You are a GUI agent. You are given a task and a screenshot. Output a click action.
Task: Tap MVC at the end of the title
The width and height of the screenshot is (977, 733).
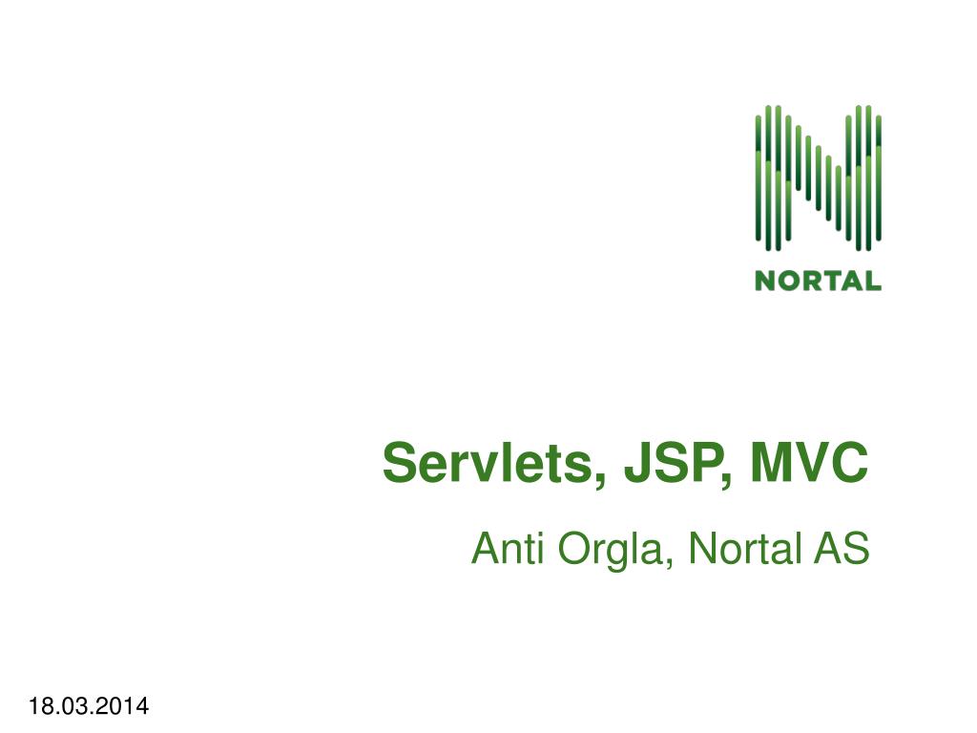click(809, 465)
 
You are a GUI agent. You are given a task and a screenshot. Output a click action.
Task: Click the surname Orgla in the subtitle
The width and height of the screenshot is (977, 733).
click(610, 551)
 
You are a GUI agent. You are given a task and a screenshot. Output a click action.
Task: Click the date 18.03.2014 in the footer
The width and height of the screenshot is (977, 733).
click(89, 706)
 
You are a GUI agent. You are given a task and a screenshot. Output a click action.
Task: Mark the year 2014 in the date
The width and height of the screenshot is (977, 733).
click(126, 706)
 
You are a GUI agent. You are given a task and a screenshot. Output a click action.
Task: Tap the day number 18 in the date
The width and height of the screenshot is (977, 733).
click(39, 706)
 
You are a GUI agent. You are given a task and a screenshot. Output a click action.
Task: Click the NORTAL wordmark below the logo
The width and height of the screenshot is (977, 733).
click(818, 281)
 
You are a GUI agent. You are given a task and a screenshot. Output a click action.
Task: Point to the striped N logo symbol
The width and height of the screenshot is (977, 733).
click(818, 177)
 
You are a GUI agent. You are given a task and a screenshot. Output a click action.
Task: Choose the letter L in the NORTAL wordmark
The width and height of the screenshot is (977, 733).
click(872, 281)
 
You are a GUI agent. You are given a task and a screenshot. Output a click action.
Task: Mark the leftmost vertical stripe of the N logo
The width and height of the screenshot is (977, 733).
click(759, 177)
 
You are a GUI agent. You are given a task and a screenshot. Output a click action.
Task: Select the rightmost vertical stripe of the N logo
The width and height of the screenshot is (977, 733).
click(878, 177)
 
